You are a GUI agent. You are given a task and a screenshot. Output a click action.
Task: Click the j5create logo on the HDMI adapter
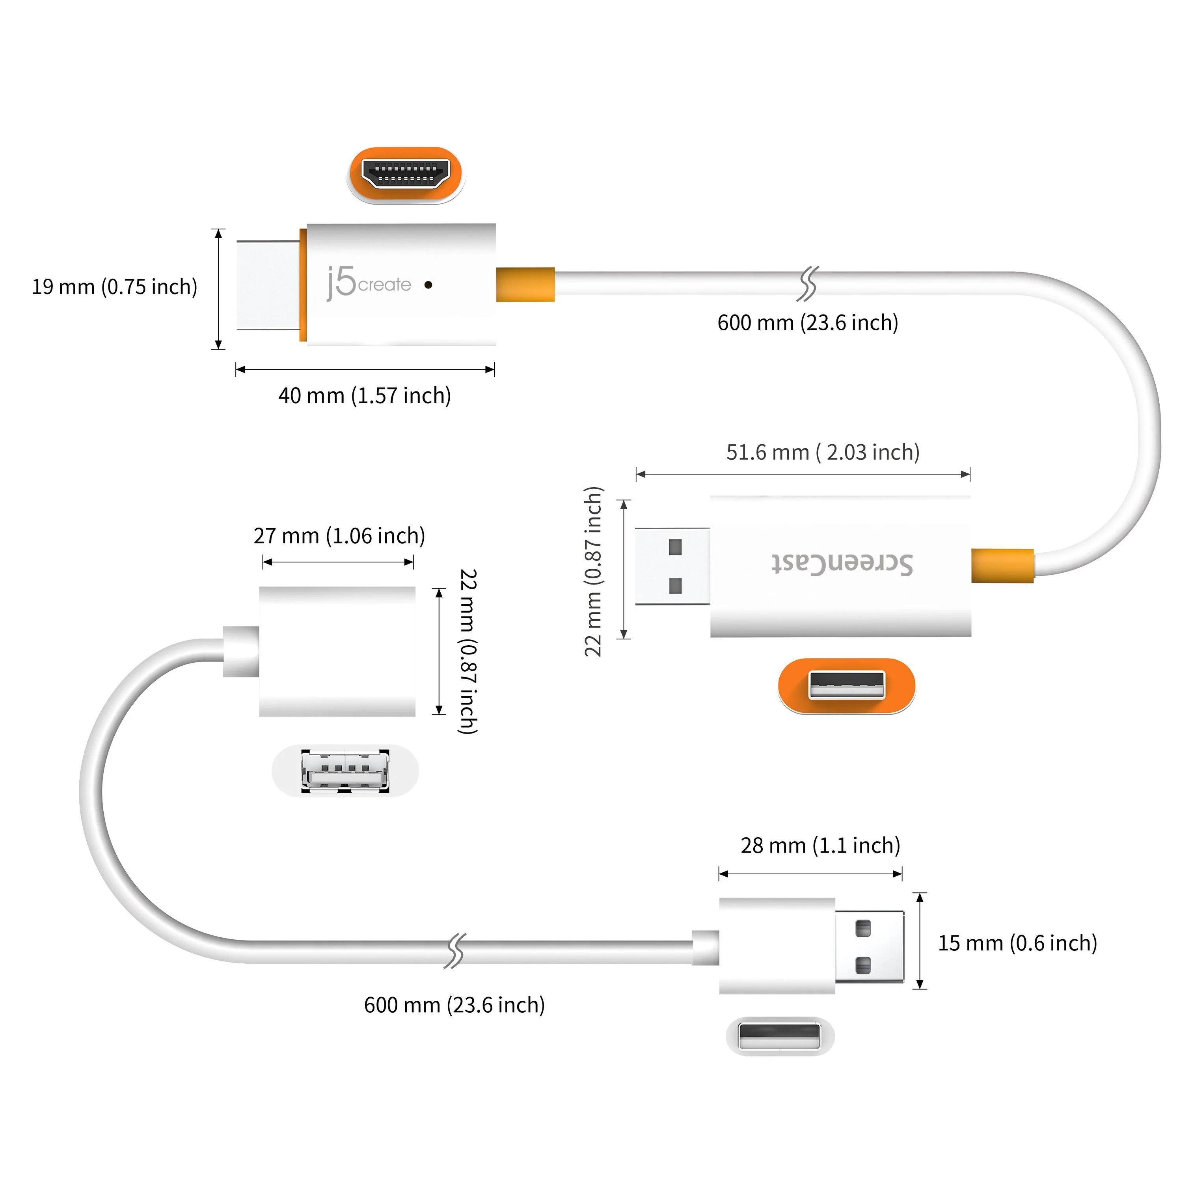click(368, 283)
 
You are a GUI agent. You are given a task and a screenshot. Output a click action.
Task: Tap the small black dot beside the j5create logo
click(428, 285)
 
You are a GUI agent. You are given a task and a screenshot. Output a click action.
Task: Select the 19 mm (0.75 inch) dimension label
click(115, 287)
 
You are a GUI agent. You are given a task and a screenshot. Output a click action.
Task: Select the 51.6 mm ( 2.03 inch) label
click(822, 452)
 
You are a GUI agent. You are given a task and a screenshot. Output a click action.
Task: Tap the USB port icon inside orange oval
click(846, 685)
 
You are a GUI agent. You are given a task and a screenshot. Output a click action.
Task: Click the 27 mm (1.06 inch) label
click(339, 536)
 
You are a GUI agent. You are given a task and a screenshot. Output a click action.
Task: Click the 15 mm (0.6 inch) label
click(1017, 943)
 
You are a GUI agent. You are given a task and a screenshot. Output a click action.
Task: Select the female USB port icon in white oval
click(345, 771)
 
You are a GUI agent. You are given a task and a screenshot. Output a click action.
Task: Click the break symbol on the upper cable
click(808, 284)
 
